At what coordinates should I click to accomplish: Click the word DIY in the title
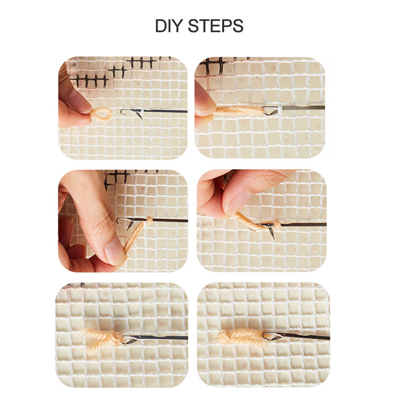point(168,26)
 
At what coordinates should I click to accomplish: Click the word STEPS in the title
point(216,26)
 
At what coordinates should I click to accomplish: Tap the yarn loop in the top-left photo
point(101,114)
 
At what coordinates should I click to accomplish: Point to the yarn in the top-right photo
point(240,110)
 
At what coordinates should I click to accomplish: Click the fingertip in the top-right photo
point(204,101)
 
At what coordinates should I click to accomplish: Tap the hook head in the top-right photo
point(270,110)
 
